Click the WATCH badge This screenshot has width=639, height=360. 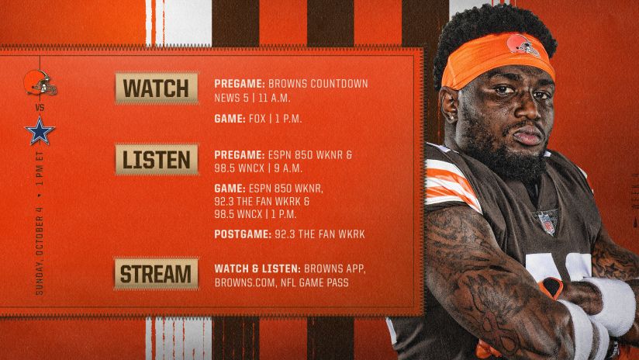point(157,88)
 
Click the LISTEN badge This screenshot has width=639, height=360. point(157,159)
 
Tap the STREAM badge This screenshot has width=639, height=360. point(156,274)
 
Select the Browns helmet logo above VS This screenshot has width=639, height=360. point(40,83)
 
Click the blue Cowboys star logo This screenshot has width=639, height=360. point(40,131)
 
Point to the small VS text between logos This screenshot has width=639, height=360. point(40,108)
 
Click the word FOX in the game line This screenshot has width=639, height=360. point(257,119)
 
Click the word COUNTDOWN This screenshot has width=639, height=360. point(339,84)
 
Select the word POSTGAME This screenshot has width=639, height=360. point(243,234)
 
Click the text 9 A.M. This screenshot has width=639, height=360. point(288,168)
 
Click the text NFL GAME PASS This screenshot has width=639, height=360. point(315,282)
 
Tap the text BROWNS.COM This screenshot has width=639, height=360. point(245,282)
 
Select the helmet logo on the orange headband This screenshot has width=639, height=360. point(523,45)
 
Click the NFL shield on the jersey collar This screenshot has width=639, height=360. point(547,222)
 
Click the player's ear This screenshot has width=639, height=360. point(448,107)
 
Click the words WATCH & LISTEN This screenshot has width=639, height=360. point(257,268)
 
